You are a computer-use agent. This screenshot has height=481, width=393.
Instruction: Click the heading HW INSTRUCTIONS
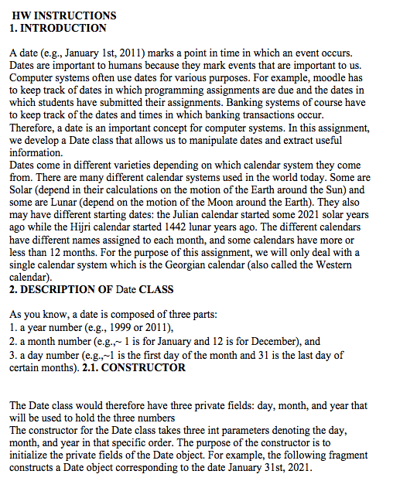tap(64, 15)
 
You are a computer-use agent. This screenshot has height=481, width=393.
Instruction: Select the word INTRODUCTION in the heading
tap(66, 28)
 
